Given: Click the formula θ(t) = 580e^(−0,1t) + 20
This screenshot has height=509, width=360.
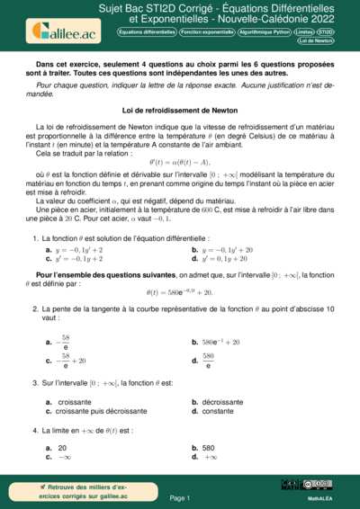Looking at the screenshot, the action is (x=180, y=292).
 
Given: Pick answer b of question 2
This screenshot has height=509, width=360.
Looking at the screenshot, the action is (x=220, y=342).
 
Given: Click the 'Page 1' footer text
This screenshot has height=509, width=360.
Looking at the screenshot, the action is (x=180, y=497).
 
